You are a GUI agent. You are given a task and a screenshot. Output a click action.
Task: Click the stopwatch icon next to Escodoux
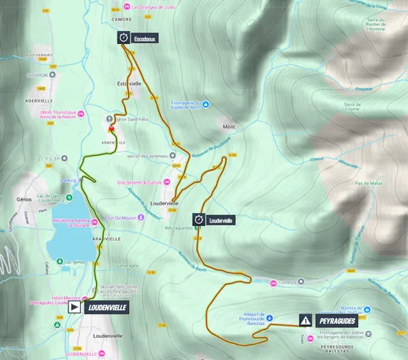click(123, 38)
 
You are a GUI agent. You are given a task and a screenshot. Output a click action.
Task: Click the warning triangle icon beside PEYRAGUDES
click(305, 321)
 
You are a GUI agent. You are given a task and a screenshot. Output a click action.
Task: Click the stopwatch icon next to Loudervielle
click(198, 220)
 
